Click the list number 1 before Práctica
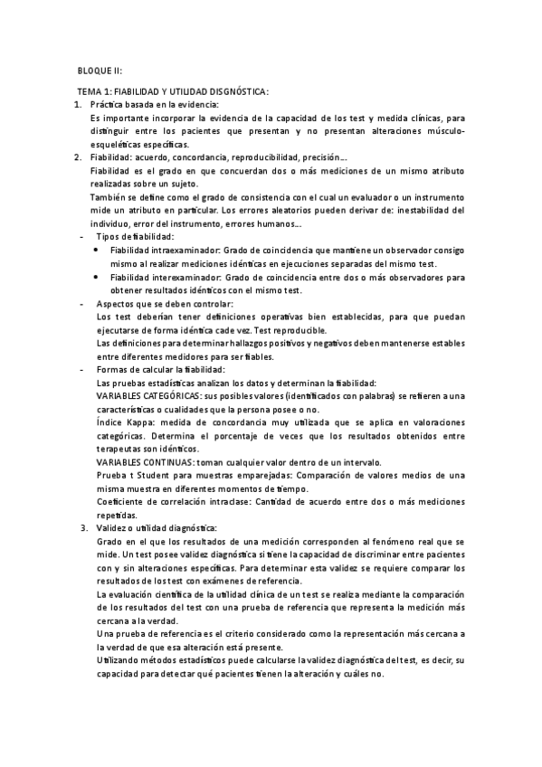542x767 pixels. pos(77,105)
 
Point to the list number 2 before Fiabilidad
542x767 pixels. pos(77,157)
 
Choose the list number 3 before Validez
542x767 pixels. pos(83,527)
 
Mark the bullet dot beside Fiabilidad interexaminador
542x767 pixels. pos(98,277)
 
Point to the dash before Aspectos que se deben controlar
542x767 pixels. pos(82,303)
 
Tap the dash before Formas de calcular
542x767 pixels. pos(82,369)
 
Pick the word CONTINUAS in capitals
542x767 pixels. pos(160,461)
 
